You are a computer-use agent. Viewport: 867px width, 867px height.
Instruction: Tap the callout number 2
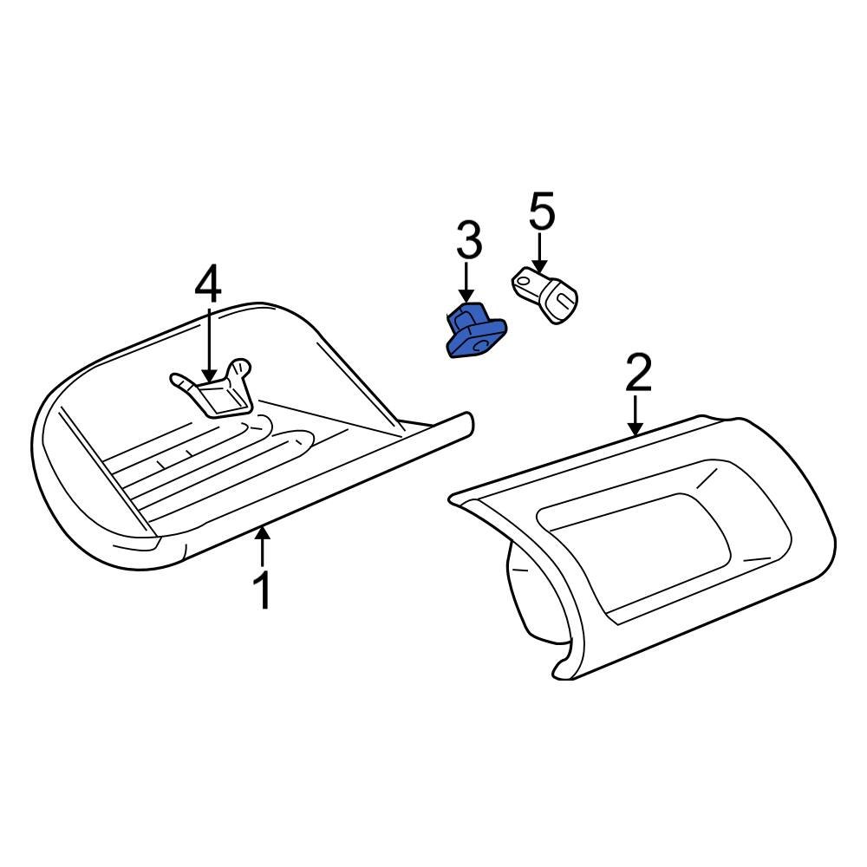tap(637, 373)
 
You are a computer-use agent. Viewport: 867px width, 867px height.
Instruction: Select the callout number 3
tap(468, 241)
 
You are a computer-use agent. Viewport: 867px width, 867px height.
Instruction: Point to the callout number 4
tap(209, 284)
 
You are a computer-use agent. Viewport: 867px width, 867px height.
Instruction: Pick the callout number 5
tap(541, 213)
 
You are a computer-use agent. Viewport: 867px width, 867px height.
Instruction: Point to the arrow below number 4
tap(210, 342)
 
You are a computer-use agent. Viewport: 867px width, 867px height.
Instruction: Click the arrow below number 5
tap(540, 251)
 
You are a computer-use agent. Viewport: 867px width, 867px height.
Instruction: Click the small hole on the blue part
tap(477, 344)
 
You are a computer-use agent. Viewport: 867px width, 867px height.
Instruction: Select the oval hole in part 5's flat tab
tap(525, 279)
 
